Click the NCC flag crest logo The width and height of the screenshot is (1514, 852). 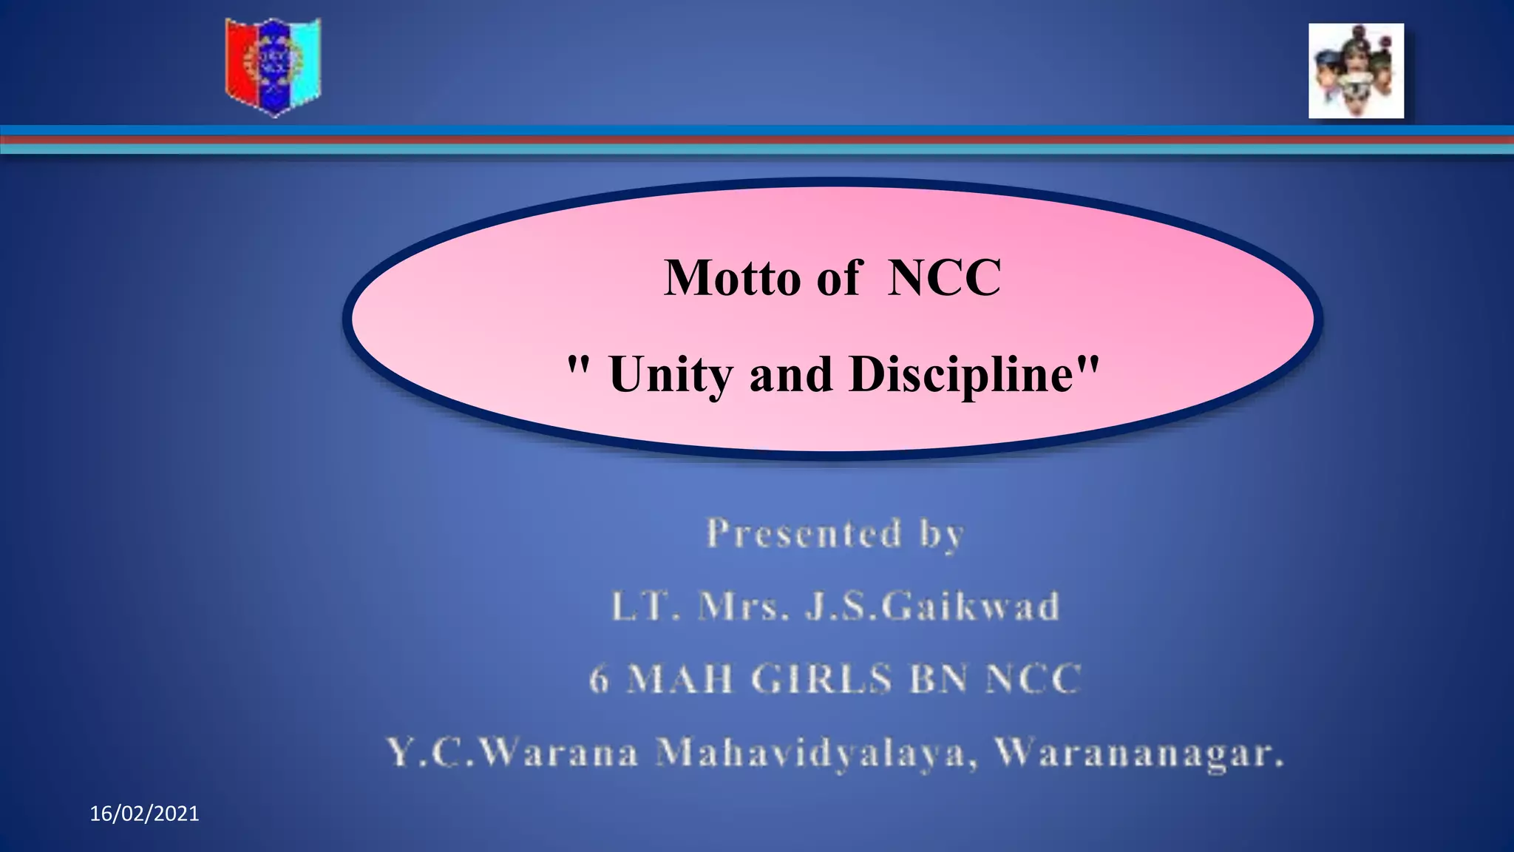[x=273, y=67]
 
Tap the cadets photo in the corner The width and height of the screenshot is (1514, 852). [x=1356, y=71]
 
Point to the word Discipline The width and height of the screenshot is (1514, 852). [x=961, y=373]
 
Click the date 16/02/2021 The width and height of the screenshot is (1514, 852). [x=144, y=814]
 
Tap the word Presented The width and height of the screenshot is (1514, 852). [x=804, y=533]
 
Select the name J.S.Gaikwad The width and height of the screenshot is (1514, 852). [x=932, y=606]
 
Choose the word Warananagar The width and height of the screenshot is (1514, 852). [x=1139, y=754]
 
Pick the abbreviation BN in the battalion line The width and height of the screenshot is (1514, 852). [x=938, y=679]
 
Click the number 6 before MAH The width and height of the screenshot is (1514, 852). [x=599, y=679]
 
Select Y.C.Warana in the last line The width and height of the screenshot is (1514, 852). [x=512, y=754]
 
